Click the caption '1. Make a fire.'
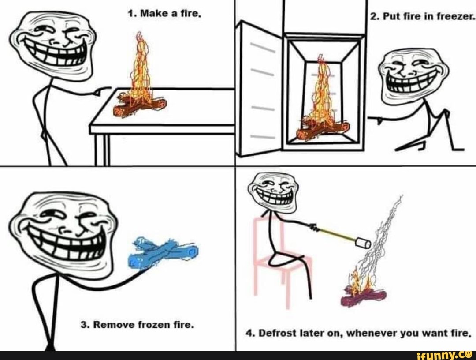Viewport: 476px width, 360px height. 164,14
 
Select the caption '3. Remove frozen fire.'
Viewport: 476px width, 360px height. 137,325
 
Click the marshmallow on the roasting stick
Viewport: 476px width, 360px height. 363,243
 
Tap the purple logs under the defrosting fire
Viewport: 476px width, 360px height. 363,297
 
